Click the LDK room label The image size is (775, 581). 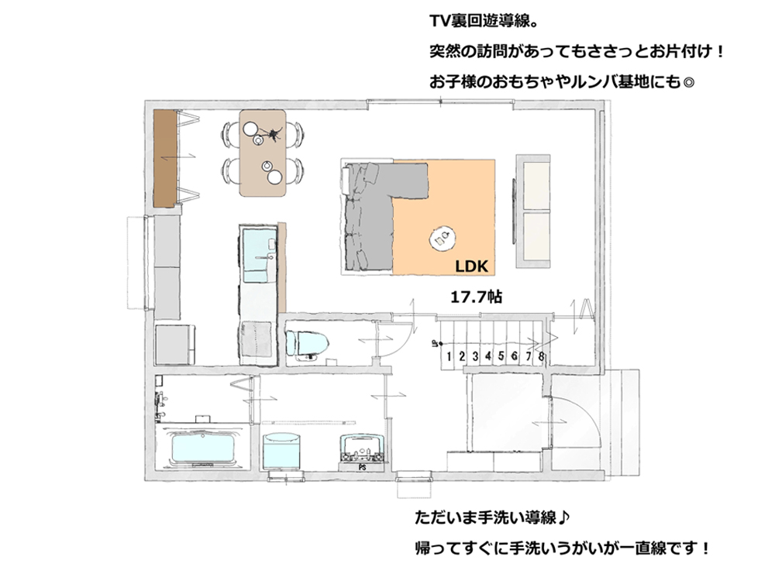[x=471, y=266]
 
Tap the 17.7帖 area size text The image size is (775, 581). [x=477, y=297]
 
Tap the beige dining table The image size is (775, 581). [x=263, y=153]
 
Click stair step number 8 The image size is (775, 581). [x=542, y=356]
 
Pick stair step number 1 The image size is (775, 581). [x=449, y=356]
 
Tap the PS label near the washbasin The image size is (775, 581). [x=362, y=467]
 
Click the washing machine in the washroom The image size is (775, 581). [x=282, y=451]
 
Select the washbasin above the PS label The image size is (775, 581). [x=362, y=448]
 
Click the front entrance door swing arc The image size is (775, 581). [x=584, y=415]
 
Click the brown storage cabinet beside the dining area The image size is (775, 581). [x=165, y=158]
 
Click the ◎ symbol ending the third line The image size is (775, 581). [x=687, y=82]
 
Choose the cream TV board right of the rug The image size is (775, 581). [x=533, y=211]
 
